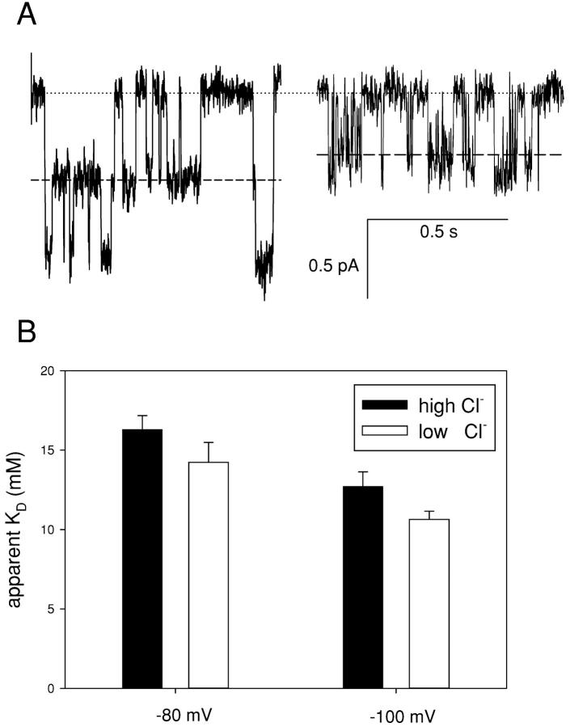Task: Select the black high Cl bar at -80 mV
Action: click(x=142, y=558)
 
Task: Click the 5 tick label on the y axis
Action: click(x=53, y=609)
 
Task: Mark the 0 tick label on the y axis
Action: click(x=53, y=688)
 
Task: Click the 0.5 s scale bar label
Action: click(x=437, y=233)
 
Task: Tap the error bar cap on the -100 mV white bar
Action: click(x=429, y=511)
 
